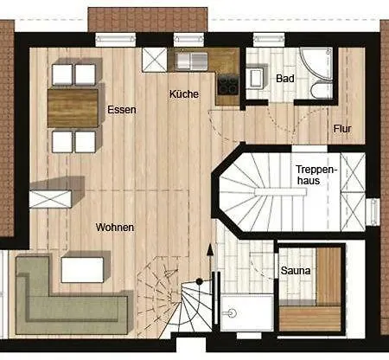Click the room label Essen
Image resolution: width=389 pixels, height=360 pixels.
pos(122,110)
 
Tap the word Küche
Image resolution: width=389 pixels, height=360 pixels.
pos(184,93)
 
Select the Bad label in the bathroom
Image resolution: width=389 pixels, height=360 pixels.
pos(285,79)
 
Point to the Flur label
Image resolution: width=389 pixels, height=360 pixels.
pos(342,129)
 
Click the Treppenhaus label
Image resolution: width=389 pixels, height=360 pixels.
pos(316,175)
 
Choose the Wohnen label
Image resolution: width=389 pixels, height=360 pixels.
pos(115,228)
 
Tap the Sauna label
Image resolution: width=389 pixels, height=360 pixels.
pos(296,271)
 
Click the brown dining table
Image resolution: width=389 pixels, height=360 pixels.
pos(73,108)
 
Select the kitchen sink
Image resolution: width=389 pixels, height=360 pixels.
pos(192,61)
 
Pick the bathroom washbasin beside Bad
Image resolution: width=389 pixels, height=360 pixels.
pos(256,77)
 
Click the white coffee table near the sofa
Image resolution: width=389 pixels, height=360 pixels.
pos(82,270)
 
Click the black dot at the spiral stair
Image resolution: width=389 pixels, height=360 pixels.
pos(199,281)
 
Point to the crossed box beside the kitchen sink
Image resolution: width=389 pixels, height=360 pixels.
pos(155,60)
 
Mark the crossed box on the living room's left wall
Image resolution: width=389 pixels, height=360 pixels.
pos(50,199)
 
